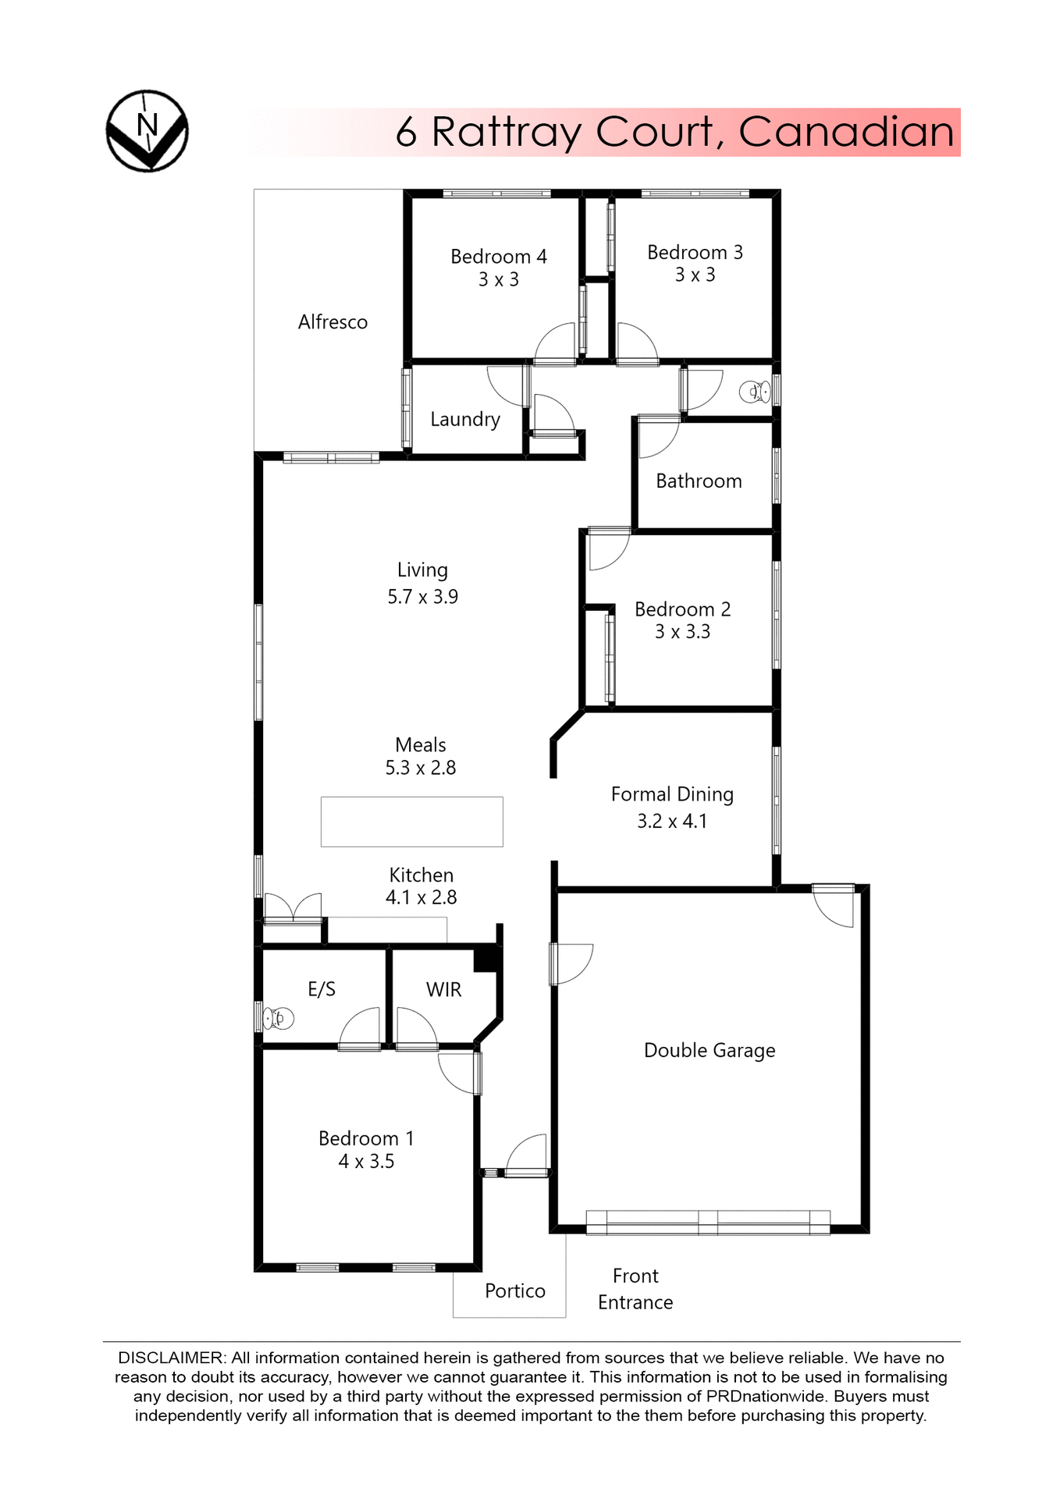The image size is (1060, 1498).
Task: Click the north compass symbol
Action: [x=147, y=130]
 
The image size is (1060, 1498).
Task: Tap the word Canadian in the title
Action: [x=846, y=132]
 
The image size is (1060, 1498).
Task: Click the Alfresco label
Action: [x=333, y=322]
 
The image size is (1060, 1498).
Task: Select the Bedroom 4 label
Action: [x=498, y=257]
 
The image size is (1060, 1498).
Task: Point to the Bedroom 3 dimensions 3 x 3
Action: [x=695, y=275]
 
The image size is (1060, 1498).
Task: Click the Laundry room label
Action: [x=465, y=420]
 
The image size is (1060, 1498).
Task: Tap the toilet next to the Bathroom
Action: [x=754, y=391]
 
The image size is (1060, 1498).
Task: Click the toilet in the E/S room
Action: [x=279, y=1018]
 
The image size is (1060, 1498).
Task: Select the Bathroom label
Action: [x=699, y=481]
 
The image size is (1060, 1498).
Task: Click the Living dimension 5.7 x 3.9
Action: [x=422, y=597]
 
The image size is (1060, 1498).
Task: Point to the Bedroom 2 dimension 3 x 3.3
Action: [x=682, y=632]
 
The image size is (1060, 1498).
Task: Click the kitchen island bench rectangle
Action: [x=411, y=822]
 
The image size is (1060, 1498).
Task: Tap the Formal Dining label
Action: [x=672, y=794]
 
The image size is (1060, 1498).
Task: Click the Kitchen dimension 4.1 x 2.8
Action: [x=421, y=898]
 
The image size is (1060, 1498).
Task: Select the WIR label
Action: [x=443, y=990]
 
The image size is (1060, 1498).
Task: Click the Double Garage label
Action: [x=709, y=1051]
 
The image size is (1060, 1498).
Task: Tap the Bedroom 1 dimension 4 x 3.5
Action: [x=366, y=1162]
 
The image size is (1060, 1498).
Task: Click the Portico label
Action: [x=514, y=1291]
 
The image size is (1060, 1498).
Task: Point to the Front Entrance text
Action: [x=635, y=1289]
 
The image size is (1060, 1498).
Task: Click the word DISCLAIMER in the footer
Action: [x=171, y=1358]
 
